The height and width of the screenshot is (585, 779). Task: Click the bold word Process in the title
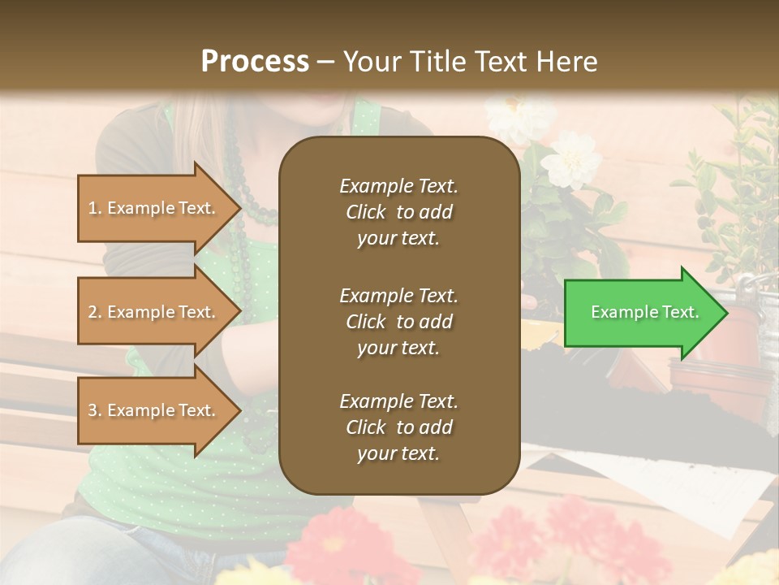point(255,61)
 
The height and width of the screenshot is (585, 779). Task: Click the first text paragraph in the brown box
point(398,212)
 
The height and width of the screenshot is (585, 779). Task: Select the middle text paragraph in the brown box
point(398,321)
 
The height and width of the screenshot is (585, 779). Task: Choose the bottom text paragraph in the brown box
point(398,427)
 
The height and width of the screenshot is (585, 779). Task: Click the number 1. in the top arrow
point(95,208)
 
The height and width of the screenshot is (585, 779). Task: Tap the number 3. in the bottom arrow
point(95,410)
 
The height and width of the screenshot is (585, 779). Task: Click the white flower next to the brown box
point(571,160)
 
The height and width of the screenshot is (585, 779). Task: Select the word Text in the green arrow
point(680,312)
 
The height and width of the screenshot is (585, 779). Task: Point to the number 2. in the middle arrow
point(95,312)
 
